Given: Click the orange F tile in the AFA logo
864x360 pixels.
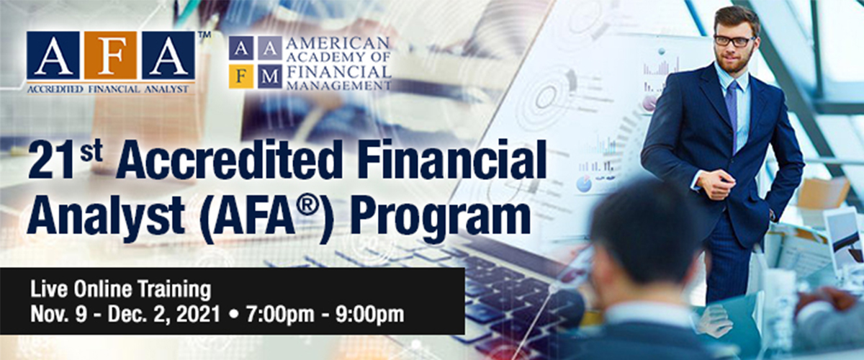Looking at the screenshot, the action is [110, 55].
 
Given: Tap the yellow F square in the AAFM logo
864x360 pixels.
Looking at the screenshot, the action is [241, 77].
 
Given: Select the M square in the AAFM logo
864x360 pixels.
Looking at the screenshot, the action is [269, 77].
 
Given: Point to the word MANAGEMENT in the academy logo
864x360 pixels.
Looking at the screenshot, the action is [338, 85].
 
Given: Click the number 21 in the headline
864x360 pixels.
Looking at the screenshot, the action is [51, 161].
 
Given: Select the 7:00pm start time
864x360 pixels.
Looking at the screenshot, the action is [280, 314].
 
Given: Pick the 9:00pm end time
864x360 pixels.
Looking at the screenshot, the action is [370, 314].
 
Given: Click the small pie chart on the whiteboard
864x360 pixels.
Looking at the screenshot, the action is [585, 184].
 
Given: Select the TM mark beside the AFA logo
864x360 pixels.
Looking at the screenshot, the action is [204, 35].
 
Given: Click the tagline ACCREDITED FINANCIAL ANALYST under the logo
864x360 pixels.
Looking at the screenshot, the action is [107, 89].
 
